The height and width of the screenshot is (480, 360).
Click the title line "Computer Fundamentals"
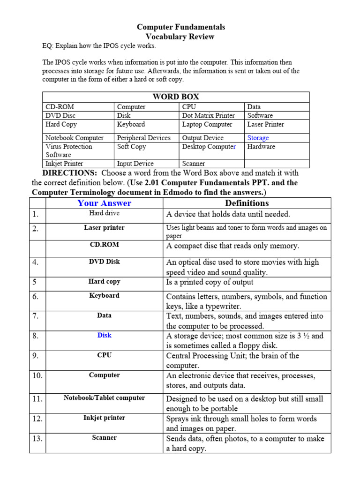pyautogui.click(x=180, y=27)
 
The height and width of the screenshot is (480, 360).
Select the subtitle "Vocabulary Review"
pyautogui.click(x=180, y=37)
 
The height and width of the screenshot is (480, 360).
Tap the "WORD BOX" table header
pyautogui.click(x=176, y=97)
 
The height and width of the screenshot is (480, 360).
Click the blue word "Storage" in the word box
pyautogui.click(x=258, y=138)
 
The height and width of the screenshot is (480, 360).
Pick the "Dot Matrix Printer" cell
pyautogui.click(x=208, y=115)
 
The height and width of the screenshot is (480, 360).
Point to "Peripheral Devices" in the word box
pyautogui.click(x=143, y=138)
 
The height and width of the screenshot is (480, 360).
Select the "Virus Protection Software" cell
pyautogui.click(x=69, y=150)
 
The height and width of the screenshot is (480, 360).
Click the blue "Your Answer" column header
pyautogui.click(x=104, y=203)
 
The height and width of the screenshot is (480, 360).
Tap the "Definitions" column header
pyautogui.click(x=247, y=203)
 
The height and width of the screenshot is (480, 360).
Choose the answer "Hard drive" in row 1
pyautogui.click(x=104, y=213)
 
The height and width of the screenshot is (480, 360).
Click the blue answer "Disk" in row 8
pyautogui.click(x=104, y=335)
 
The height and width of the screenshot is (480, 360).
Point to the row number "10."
pyautogui.click(x=37, y=375)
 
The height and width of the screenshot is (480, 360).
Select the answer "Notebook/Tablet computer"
pyautogui.click(x=104, y=398)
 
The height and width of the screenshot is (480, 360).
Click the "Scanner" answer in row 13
pyautogui.click(x=104, y=438)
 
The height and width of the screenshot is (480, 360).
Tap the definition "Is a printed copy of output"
pyautogui.click(x=210, y=282)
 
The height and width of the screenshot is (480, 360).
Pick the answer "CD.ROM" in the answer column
pyautogui.click(x=104, y=245)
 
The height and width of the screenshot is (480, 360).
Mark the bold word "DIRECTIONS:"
pyautogui.click(x=70, y=173)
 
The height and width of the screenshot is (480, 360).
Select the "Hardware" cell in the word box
pyautogui.click(x=261, y=147)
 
